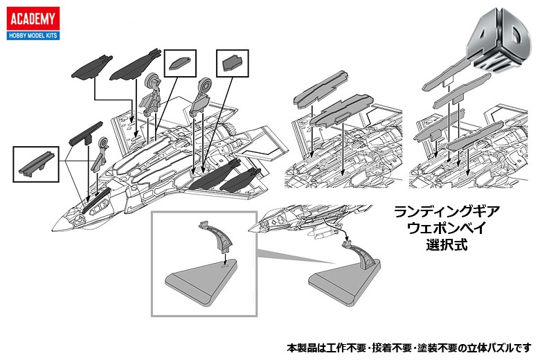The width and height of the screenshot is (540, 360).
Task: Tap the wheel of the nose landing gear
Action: click(x=104, y=145)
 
